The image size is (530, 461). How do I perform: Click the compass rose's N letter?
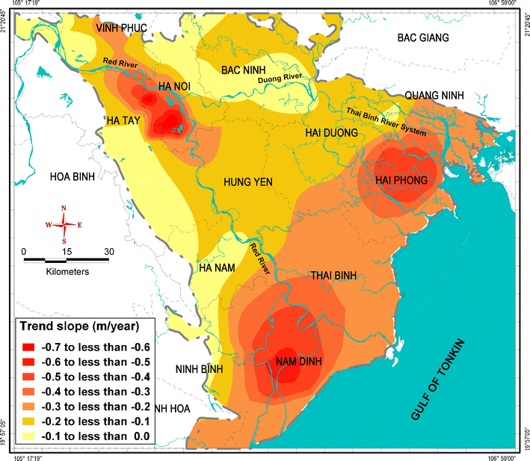pyautogui.click(x=64, y=208)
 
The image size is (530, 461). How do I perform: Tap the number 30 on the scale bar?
pyautogui.click(x=109, y=251)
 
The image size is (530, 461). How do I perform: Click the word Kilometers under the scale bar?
pyautogui.click(x=67, y=272)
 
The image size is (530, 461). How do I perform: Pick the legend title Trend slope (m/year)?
pyautogui.click(x=85, y=327)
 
